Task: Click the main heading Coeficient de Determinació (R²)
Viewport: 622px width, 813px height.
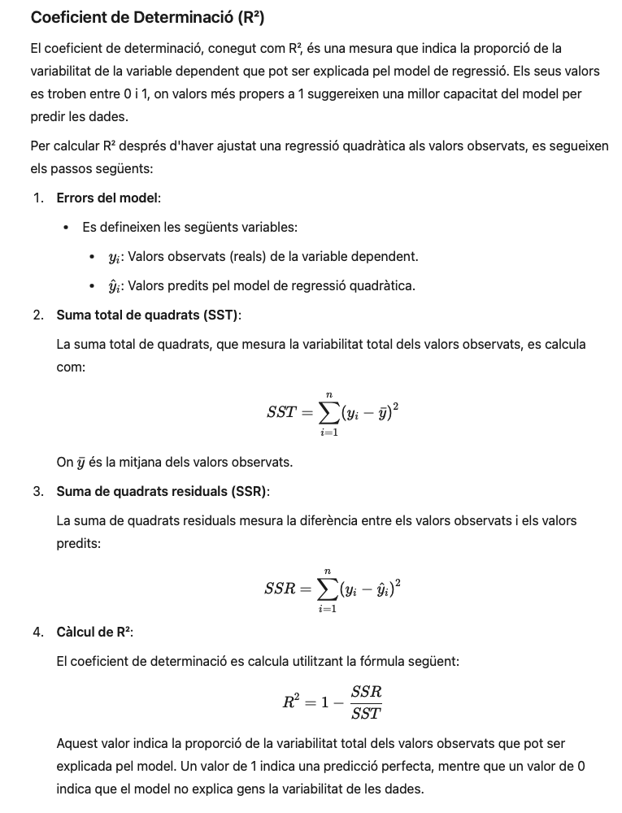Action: (147, 17)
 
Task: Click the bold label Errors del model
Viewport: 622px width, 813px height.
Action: (108, 198)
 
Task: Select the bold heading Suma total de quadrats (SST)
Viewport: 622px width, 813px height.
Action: (148, 315)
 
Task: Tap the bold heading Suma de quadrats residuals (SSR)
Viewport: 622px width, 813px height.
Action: (163, 491)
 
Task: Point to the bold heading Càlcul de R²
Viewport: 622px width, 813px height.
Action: (94, 632)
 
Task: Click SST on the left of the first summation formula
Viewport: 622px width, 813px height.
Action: (281, 413)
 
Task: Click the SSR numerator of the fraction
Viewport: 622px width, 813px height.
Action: (366, 692)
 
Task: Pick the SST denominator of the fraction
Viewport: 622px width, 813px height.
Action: (366, 714)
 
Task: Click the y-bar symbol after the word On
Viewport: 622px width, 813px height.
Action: (81, 463)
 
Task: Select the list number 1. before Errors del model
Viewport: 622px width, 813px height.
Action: (38, 198)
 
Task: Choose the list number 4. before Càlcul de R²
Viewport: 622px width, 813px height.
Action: (38, 632)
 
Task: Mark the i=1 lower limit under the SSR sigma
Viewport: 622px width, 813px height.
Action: (328, 609)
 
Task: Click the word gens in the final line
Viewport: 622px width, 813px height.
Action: (257, 789)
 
